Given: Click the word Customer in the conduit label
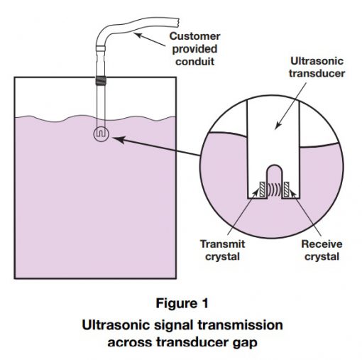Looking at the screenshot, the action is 194,36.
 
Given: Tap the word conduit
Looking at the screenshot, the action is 194,62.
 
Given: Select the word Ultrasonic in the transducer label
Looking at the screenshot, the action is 317,61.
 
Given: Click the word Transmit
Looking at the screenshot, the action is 222,244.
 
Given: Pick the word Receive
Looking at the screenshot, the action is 322,244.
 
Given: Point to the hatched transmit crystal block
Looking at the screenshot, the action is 262,189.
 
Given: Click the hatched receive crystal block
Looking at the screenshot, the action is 287,189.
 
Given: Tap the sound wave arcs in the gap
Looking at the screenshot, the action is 275,189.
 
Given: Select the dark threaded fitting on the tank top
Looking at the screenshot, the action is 101,80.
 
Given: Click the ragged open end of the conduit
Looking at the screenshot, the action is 177,22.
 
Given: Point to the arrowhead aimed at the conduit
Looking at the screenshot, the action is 138,36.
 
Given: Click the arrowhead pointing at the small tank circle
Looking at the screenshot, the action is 118,139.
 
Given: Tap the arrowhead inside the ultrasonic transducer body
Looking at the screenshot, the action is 278,125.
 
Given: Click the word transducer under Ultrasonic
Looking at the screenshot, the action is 317,73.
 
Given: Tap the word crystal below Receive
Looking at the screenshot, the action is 322,257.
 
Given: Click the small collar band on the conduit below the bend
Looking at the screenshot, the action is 101,49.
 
